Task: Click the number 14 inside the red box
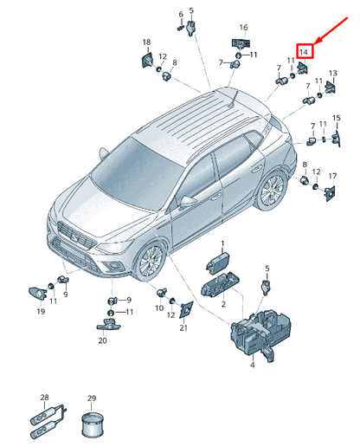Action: point(304,52)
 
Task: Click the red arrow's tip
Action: point(313,44)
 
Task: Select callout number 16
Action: point(243,28)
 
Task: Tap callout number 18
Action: point(146,42)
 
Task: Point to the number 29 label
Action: point(92,398)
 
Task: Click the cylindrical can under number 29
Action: point(93,425)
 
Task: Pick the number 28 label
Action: point(45,398)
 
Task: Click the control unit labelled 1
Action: point(218,262)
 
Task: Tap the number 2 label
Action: point(223,304)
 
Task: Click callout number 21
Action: point(183,327)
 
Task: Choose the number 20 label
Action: point(103,340)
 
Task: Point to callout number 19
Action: point(41,312)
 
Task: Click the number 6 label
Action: point(181,14)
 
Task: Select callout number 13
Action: point(333,73)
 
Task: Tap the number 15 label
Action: point(337,118)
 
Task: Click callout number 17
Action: point(332,176)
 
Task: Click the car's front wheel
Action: point(150,262)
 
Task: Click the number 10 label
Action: point(159,308)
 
